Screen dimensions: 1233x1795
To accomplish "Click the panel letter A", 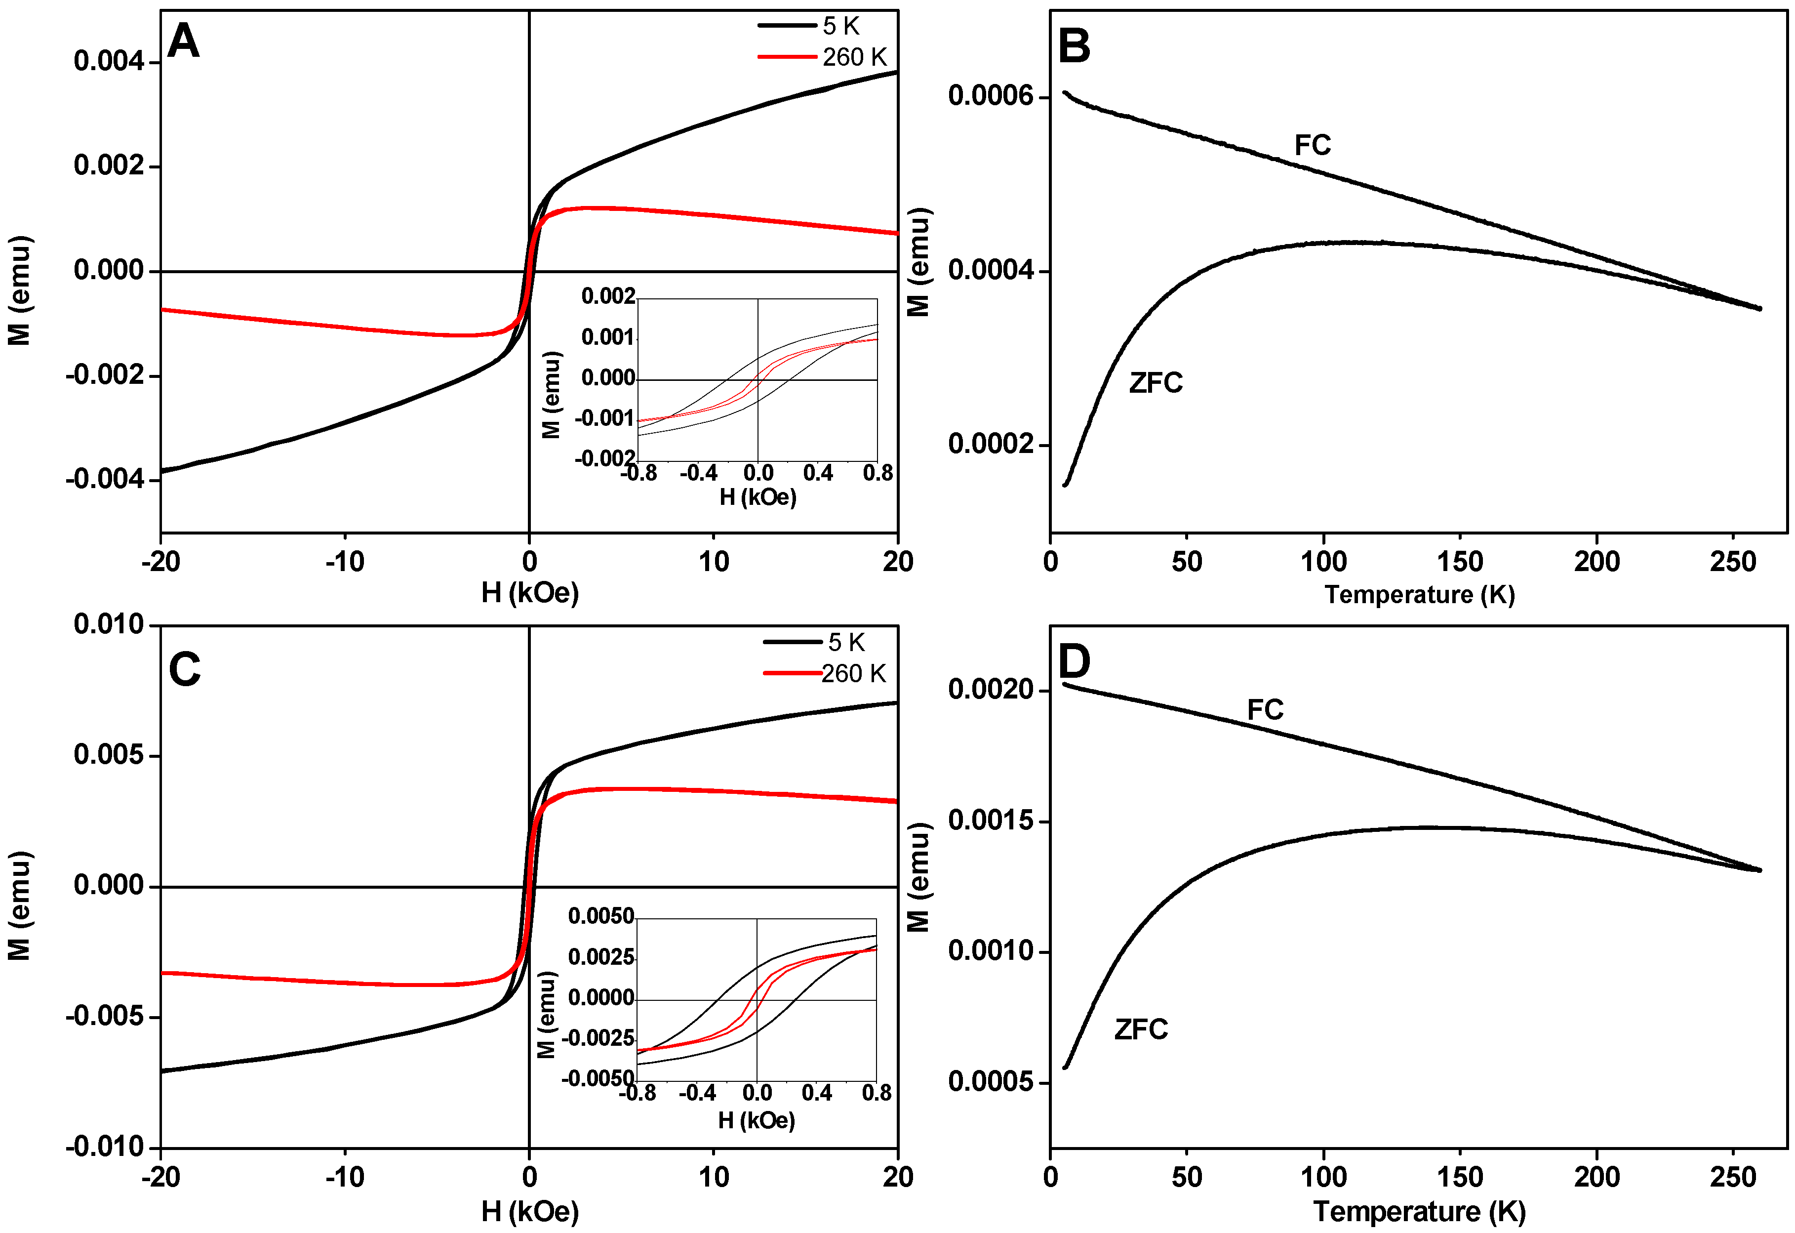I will coord(184,41).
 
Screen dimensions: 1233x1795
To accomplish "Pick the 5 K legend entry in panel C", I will coord(846,642).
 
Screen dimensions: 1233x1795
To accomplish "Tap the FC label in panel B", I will coord(1312,145).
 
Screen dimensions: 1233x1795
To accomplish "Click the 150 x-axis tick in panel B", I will coord(1460,562).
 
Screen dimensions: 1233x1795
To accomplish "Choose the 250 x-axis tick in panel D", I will coord(1732,1177).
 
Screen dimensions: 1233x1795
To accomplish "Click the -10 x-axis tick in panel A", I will coord(345,562).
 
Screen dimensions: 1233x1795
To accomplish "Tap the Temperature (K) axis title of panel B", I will coord(1420,595).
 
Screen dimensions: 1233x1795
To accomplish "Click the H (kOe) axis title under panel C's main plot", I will coord(530,1211).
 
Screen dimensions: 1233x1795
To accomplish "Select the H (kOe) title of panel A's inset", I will coord(758,497).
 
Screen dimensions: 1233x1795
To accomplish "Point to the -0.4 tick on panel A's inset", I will coord(698,473).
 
